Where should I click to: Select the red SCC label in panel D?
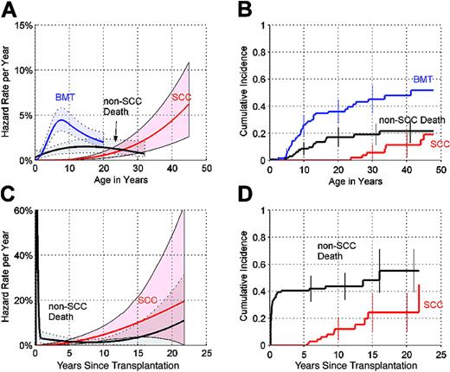[x=434, y=305]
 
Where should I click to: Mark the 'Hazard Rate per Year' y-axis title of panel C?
[x=8, y=277]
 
